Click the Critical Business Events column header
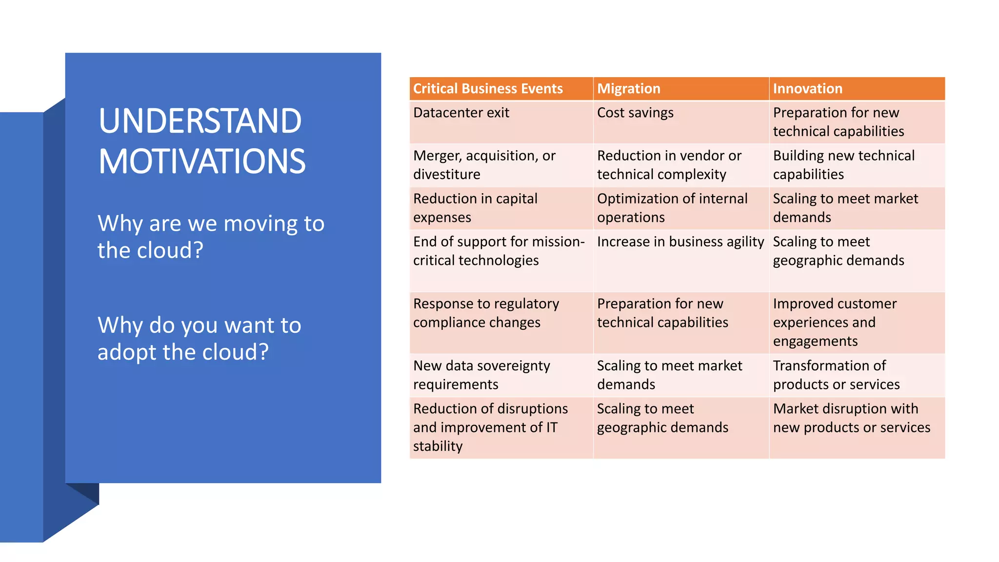488,89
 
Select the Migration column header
629,89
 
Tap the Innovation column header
808,89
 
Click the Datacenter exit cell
461,113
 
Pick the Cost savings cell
635,113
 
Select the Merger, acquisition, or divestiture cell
484,165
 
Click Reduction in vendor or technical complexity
669,165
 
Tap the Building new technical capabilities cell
843,165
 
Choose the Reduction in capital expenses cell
475,208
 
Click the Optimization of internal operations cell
672,208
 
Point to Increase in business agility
680,242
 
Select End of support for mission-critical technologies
499,251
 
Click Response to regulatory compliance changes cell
486,313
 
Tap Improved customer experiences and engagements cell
835,322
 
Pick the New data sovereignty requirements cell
481,375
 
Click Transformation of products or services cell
836,375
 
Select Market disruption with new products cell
851,418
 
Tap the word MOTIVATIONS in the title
202,161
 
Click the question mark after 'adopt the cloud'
263,352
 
